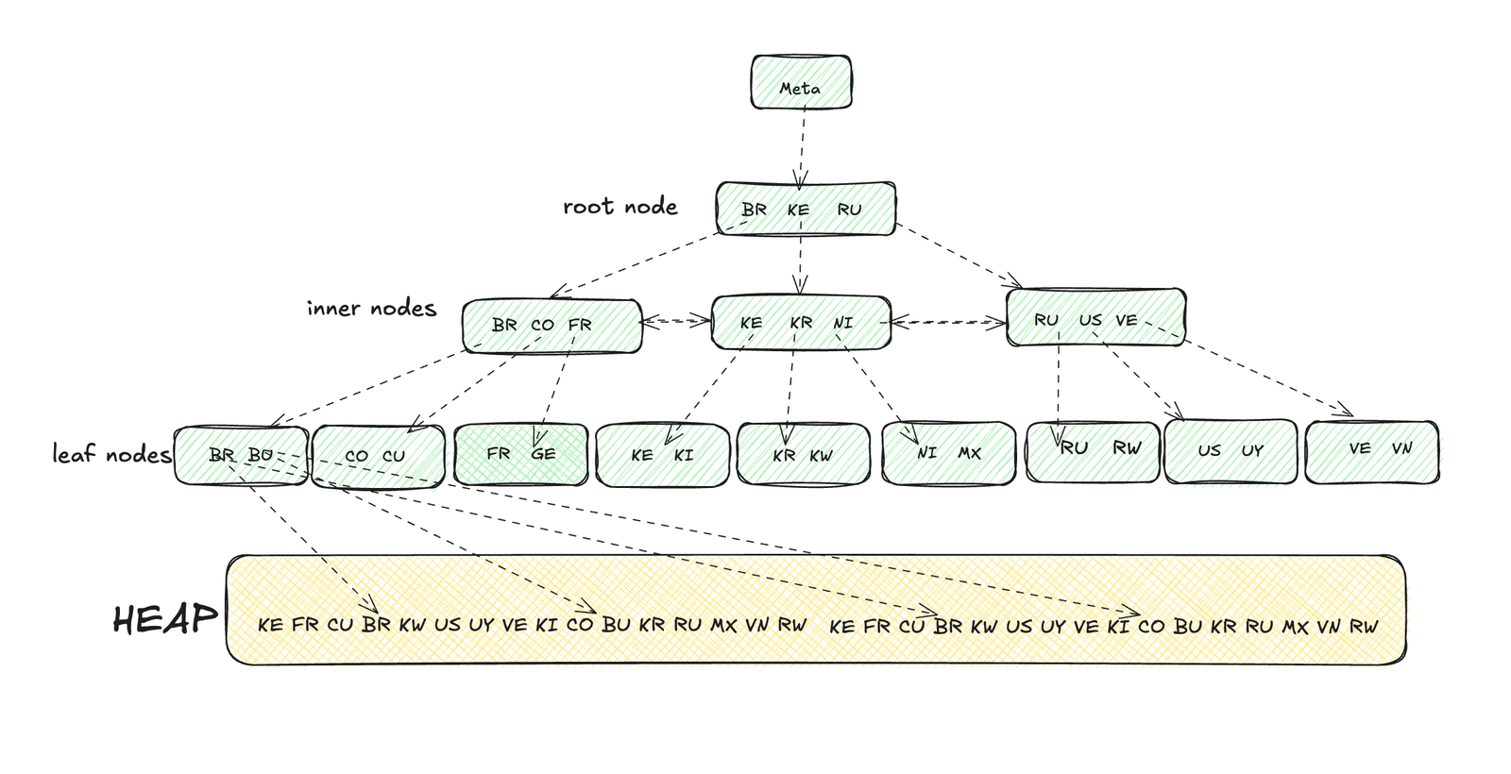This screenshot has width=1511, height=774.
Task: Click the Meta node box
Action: coord(801,82)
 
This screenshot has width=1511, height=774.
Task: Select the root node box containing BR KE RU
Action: coord(805,209)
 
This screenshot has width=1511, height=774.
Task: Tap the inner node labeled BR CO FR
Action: coord(552,326)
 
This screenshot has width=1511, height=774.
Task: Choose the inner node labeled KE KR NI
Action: coord(800,323)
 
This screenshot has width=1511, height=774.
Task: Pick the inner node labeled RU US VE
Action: coord(1095,318)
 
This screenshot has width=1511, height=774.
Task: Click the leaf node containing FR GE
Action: coord(520,455)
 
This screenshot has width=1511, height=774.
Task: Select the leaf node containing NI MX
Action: coord(948,454)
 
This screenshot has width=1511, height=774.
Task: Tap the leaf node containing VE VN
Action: coord(1371,451)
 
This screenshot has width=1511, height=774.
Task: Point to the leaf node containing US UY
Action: coord(1230,451)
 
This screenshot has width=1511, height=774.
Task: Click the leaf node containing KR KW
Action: coord(802,455)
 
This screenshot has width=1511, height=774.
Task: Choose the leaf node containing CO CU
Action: coord(377,456)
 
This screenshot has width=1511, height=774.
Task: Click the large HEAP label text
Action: coord(164,620)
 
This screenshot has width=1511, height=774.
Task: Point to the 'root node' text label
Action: coord(620,207)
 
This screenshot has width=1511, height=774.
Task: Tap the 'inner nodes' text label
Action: coord(371,309)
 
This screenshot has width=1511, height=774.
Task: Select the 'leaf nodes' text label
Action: coord(111,454)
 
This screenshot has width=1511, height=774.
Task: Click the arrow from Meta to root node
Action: coord(802,146)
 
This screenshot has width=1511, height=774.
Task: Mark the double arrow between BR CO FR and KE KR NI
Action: coord(676,322)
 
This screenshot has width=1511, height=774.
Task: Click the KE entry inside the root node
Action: coord(798,210)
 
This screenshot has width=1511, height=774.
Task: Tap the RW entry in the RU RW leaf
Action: coord(1126,448)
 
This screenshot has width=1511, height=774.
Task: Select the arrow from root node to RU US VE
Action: coord(959,255)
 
